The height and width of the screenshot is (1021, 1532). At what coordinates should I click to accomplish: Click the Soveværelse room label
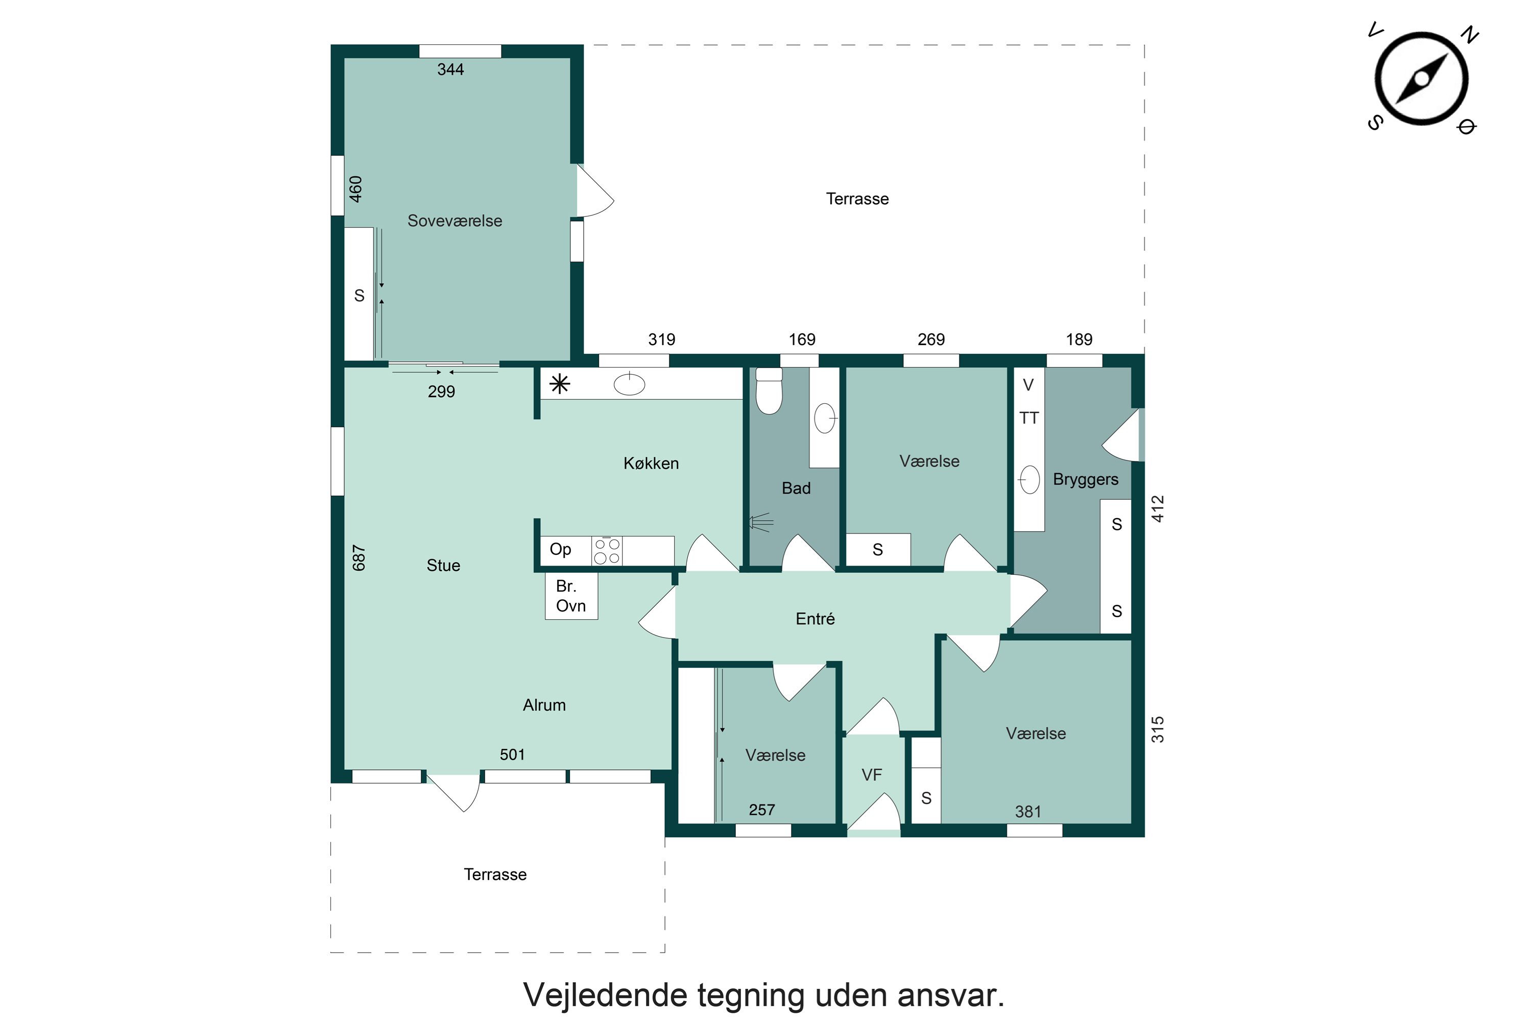click(454, 221)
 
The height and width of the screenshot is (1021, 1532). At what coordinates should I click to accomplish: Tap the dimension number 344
click(450, 69)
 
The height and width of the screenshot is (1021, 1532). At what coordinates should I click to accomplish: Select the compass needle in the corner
click(1422, 79)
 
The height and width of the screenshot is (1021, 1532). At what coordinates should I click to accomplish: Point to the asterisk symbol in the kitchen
click(560, 384)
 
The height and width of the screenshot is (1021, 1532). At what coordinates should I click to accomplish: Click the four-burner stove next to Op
click(607, 551)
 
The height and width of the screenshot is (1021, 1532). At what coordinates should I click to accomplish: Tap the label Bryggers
click(1085, 479)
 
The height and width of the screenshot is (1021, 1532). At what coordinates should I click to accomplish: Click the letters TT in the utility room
click(1028, 418)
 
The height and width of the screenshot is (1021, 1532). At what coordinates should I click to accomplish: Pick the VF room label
click(872, 775)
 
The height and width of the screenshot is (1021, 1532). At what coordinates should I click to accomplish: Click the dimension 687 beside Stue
click(359, 558)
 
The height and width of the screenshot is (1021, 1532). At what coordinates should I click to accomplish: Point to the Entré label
click(815, 619)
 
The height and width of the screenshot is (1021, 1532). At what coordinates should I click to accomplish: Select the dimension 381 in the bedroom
click(1028, 812)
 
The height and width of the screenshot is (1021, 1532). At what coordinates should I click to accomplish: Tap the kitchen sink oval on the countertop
click(629, 384)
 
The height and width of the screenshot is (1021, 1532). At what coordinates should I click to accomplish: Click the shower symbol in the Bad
click(760, 522)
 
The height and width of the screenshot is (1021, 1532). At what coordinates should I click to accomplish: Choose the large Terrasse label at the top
click(857, 199)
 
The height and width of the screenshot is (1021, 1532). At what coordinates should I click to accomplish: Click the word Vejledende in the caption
click(606, 995)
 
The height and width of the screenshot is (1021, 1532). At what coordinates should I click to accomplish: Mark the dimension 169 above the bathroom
click(802, 339)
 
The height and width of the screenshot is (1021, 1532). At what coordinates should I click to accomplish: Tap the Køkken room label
click(651, 464)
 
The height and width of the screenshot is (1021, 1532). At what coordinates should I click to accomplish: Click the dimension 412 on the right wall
click(1158, 508)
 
